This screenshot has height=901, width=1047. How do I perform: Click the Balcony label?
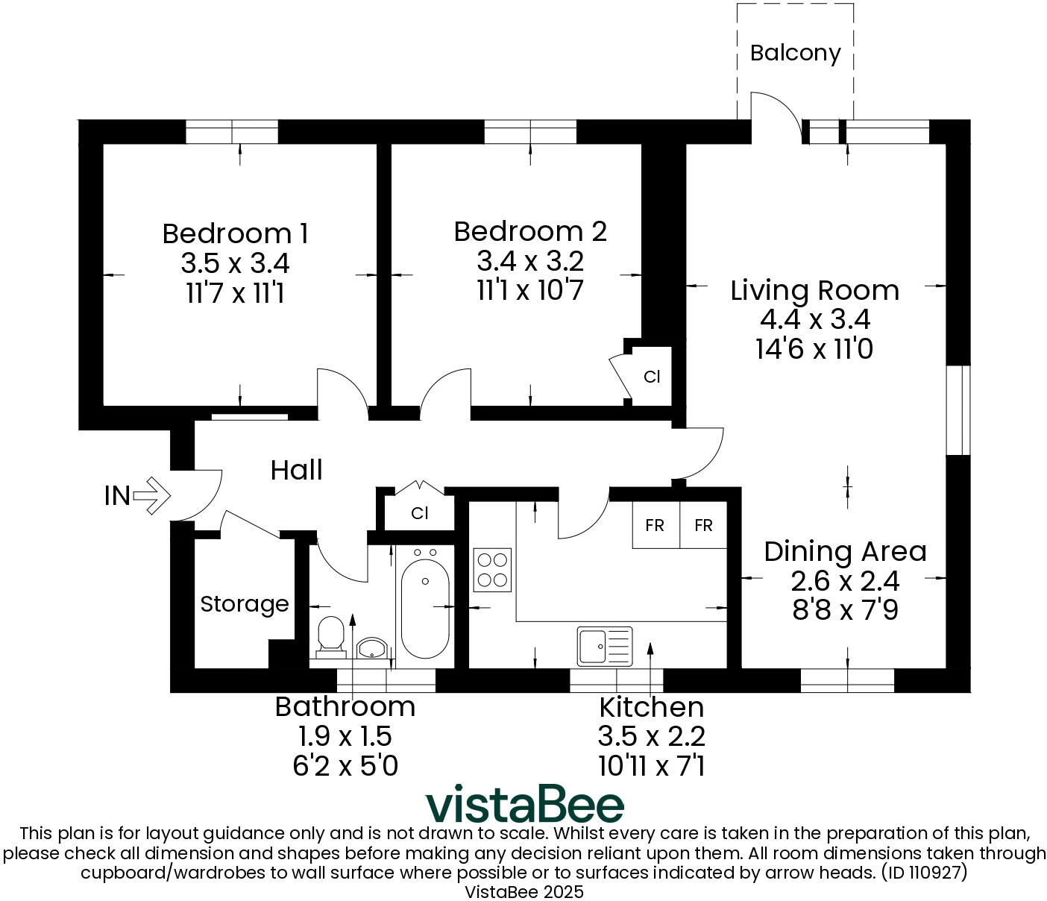(x=795, y=53)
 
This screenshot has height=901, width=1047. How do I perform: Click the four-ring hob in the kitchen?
(x=492, y=570)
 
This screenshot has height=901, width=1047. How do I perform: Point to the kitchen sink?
(x=604, y=646)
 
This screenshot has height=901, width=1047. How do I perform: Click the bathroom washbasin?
(x=371, y=647)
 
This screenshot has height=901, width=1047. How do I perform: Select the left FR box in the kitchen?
(x=655, y=526)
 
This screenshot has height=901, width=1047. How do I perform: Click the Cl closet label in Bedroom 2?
(x=652, y=377)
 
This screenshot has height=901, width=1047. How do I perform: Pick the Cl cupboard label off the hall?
(x=420, y=514)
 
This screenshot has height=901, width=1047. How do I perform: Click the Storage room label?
(x=244, y=604)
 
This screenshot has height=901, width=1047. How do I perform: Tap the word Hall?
(x=296, y=471)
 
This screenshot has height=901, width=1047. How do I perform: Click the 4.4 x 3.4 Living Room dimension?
(x=815, y=320)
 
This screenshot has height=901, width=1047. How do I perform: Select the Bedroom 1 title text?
(x=235, y=233)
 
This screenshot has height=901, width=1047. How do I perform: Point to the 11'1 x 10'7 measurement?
(x=529, y=290)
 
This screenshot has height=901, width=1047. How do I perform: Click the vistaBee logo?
(x=524, y=804)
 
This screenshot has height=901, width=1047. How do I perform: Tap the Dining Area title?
(x=845, y=552)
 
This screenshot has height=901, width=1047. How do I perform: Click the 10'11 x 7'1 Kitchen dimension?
(x=651, y=766)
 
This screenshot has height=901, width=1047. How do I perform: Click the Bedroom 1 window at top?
(x=232, y=132)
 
